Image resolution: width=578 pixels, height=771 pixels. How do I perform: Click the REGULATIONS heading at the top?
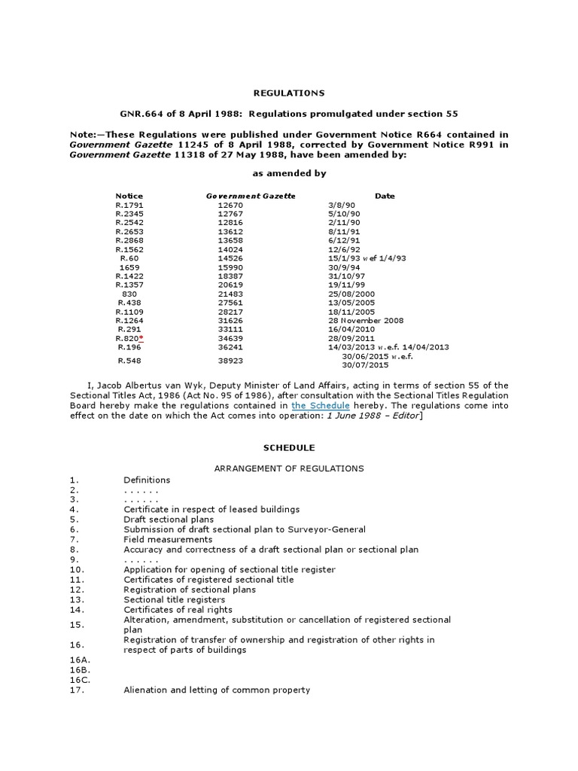289,93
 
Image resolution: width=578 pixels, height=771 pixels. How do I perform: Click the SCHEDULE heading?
289,447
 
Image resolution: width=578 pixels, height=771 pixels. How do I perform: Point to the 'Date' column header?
385,196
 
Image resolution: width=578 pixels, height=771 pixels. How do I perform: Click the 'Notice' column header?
129,196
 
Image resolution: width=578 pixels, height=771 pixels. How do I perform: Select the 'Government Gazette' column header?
251,196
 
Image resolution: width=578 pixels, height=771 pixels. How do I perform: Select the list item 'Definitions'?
147,480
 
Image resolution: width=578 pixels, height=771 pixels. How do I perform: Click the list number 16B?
79,669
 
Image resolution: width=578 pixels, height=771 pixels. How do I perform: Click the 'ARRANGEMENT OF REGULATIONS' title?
289,468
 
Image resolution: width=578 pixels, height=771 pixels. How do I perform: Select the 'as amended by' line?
289,173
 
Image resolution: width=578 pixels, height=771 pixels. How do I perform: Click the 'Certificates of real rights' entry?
178,609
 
